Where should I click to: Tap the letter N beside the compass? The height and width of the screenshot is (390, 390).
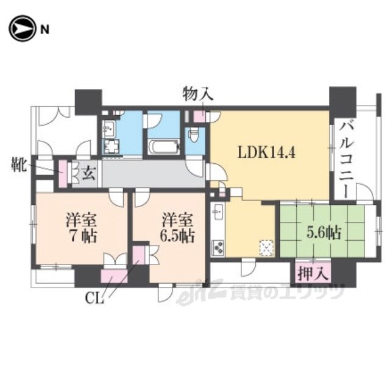[44, 30]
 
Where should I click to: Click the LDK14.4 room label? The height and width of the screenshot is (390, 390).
[267, 152]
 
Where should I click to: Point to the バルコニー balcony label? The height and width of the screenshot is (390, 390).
[347, 158]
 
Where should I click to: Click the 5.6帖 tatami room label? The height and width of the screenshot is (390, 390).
[324, 233]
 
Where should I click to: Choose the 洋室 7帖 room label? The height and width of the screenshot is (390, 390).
[81, 227]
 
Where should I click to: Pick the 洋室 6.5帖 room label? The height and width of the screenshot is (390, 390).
[177, 227]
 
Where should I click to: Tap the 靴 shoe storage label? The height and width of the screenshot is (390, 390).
[19, 165]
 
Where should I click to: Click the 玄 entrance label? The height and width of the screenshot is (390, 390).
[89, 173]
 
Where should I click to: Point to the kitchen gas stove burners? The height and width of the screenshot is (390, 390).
[218, 247]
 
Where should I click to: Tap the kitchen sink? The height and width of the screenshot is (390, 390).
[218, 212]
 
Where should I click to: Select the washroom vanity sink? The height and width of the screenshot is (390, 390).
[108, 129]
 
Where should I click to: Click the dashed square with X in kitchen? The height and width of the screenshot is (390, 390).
[266, 248]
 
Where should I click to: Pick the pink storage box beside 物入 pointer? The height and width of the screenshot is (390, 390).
[200, 116]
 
